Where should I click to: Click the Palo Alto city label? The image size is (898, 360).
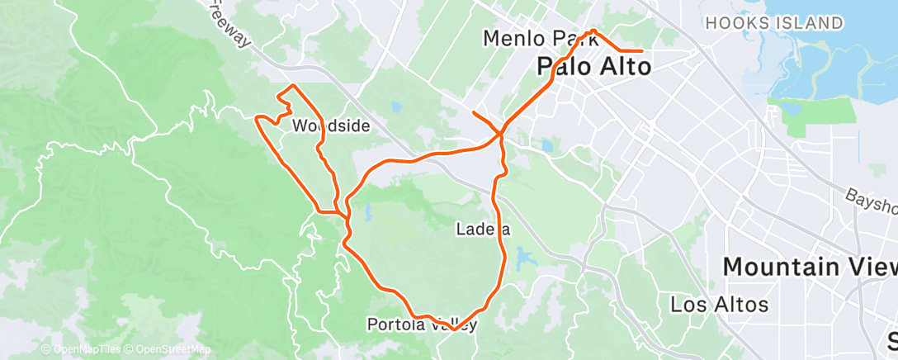point(593,65)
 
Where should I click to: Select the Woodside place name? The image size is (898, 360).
point(330,126)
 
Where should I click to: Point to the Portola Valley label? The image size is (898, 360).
point(422,324)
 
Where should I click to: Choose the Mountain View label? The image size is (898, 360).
point(810,266)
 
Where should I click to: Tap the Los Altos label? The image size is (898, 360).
point(719,304)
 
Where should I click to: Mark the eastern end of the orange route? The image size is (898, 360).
point(642,51)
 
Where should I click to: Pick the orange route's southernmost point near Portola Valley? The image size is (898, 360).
point(452,329)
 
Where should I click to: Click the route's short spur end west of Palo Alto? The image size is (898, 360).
point(473,111)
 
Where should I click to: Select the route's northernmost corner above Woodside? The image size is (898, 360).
point(289,87)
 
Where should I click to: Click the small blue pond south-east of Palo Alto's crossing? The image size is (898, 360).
point(546,147)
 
